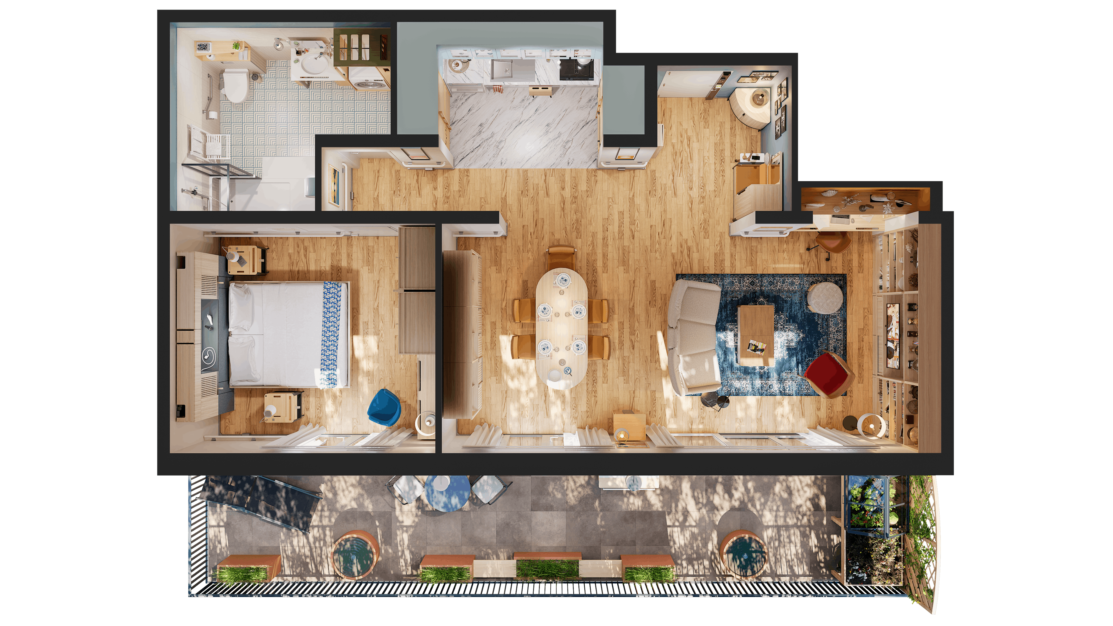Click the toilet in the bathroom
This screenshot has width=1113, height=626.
234,86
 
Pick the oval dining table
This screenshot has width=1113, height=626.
561,327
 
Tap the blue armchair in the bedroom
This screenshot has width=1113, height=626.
384,407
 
